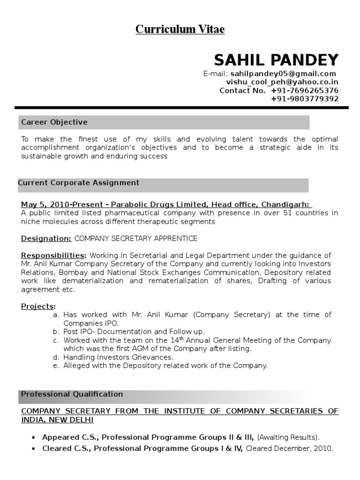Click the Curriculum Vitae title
[x=180, y=30]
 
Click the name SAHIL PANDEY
[x=276, y=60]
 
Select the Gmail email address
[x=283, y=74]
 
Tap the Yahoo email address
[x=282, y=82]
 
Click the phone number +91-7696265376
[x=305, y=90]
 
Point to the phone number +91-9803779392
[x=305, y=99]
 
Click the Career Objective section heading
[x=54, y=122]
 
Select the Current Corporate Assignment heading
[x=79, y=183]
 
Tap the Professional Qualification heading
[x=72, y=394]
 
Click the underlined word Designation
[x=46, y=239]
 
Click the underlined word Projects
[x=38, y=306]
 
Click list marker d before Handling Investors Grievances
[x=56, y=357]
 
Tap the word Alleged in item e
[x=76, y=366]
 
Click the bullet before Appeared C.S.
[x=33, y=437]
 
